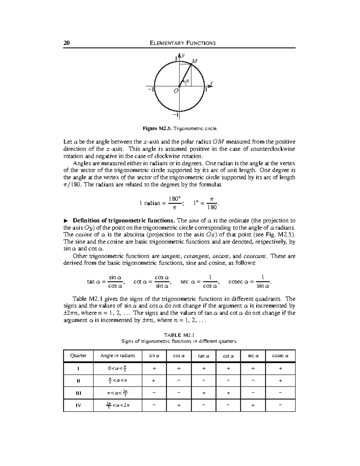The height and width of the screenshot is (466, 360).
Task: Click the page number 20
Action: (x=66, y=43)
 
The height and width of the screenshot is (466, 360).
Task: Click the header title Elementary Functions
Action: (x=182, y=43)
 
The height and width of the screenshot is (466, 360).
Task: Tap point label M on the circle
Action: (x=195, y=61)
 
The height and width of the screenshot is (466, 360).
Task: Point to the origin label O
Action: (x=176, y=90)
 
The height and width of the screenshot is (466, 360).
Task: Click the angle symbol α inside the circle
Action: (x=187, y=81)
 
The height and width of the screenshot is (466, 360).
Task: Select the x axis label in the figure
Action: (x=211, y=83)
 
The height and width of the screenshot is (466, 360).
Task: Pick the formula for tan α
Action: (x=105, y=281)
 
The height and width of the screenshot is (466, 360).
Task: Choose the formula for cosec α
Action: (x=250, y=281)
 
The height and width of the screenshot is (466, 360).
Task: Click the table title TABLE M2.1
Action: (x=179, y=335)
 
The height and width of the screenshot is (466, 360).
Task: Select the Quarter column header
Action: (x=78, y=356)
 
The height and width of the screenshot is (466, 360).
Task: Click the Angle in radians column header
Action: (x=118, y=356)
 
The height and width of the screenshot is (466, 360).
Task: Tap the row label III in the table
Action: (x=78, y=393)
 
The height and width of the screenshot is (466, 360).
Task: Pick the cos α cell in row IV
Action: (x=179, y=405)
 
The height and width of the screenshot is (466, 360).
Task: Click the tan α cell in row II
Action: (x=204, y=381)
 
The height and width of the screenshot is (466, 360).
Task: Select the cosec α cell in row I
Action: (x=280, y=369)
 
